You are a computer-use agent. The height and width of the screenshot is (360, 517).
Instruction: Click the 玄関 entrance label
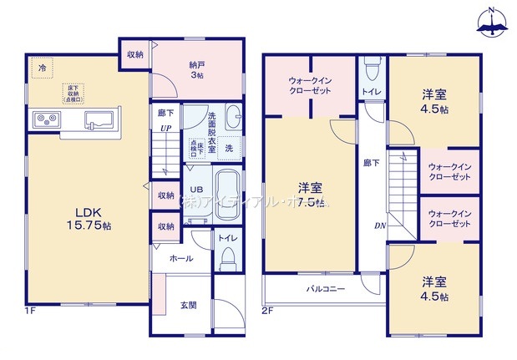click(x=189, y=306)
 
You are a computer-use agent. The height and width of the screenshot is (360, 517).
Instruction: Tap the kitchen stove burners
click(x=44, y=120)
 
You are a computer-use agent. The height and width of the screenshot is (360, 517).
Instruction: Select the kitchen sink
click(x=101, y=121)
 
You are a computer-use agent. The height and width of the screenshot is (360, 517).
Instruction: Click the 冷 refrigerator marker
click(x=40, y=67)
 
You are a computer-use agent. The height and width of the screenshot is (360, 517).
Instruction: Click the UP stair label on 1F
click(x=166, y=128)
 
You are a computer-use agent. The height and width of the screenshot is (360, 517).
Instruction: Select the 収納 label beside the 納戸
click(x=134, y=54)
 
